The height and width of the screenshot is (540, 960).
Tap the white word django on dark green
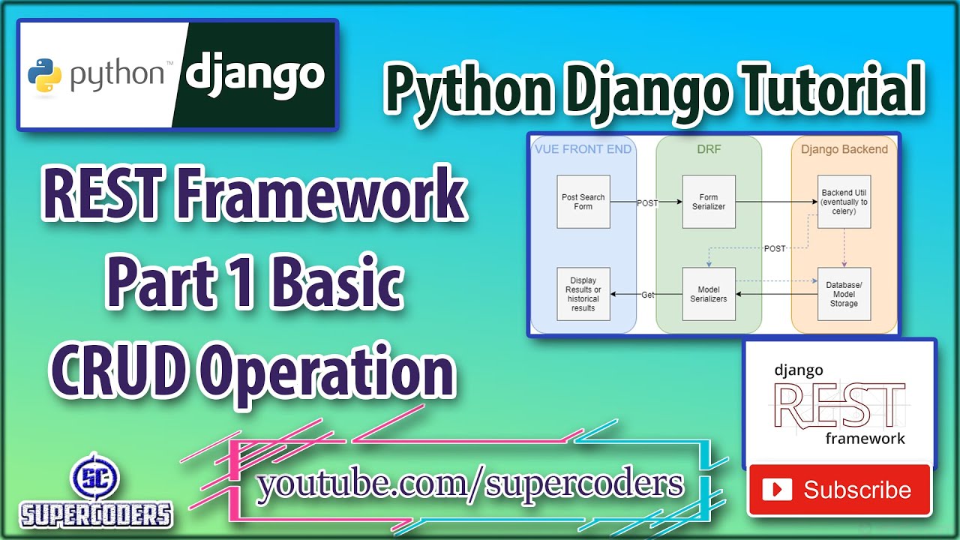(255, 75)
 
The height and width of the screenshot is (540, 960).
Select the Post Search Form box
(583, 202)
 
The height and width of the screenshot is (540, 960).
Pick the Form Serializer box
(709, 202)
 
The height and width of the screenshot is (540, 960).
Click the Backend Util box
(844, 202)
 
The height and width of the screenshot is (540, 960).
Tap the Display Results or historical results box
(583, 294)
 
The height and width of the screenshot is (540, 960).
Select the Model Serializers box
(709, 294)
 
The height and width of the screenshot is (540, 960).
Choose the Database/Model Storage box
(844, 294)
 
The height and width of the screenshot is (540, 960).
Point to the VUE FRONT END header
(583, 149)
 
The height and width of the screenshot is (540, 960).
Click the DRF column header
(709, 149)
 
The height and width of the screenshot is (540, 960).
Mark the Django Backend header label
(844, 149)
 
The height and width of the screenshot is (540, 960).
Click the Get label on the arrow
(648, 295)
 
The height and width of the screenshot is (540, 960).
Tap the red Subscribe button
(839, 490)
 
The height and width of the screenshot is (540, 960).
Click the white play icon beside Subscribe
(777, 490)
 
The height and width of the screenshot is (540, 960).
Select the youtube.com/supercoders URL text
(470, 485)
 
